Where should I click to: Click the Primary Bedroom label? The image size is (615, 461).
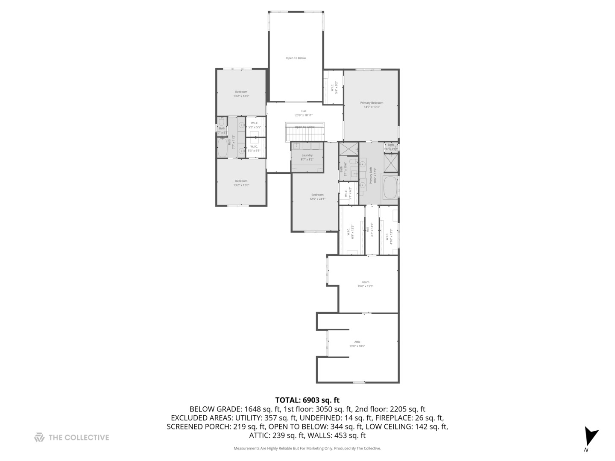pos(372,105)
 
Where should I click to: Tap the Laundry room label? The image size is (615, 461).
pos(307,157)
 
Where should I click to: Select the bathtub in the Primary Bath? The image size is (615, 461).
pos(390,188)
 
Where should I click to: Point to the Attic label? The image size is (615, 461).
pos(357,344)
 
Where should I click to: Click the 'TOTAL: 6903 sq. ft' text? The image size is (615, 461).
pos(307,400)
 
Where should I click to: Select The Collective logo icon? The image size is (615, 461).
pos(39,437)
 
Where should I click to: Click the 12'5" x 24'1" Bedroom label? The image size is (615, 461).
pos(317,197)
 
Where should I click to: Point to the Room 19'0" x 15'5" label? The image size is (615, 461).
pos(365,284)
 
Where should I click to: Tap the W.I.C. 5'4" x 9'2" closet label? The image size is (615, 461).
pos(334,88)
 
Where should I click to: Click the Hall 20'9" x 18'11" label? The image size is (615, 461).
pos(304,113)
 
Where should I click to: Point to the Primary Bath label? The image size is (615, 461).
pos(373,175)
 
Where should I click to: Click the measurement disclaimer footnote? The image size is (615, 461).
pos(307,448)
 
